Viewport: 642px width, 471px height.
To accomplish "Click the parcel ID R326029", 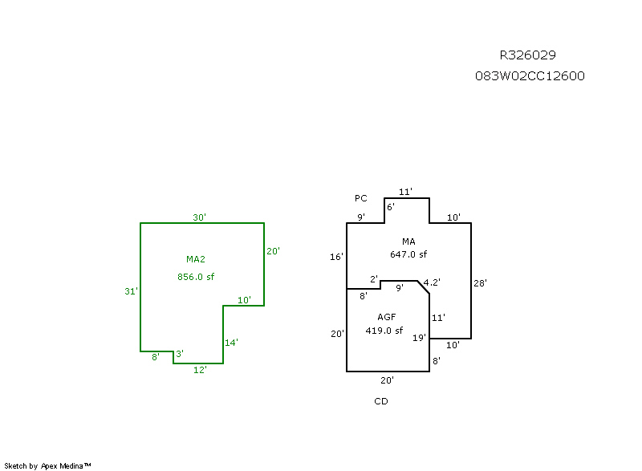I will pos(527,55).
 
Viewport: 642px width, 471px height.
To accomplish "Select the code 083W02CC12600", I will pos(530,76).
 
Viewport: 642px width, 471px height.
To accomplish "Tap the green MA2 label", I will pos(196,259).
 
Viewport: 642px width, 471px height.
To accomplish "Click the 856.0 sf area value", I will pos(196,277).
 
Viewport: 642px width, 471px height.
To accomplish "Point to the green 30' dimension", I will pos(199,217).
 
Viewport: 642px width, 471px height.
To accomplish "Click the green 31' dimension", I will pos(131,291).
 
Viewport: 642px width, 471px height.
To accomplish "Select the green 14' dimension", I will pos(231,343).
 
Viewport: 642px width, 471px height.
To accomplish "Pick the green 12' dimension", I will pos(200,370).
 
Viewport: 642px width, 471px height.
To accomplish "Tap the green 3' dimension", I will pos(179,354).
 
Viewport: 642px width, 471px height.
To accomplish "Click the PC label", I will pos(360,198).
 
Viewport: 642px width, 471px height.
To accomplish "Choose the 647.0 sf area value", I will pos(408,254).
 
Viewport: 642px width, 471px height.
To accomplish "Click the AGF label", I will pos(387,317).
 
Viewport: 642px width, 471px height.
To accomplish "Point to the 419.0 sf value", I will pos(384,331).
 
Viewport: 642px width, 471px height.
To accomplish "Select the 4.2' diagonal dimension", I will pos(432,282).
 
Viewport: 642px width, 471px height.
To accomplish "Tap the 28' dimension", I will pos(481,283).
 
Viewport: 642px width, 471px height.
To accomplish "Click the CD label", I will pos(381,401).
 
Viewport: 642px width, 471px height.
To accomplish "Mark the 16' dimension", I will pos(336,257).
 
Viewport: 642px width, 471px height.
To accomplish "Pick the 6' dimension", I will pos(391,207).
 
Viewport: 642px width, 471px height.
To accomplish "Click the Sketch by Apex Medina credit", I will pos(48,465).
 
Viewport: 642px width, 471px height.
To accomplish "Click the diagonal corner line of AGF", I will pos(424,288).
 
